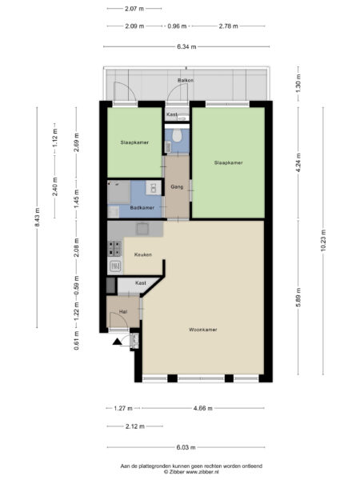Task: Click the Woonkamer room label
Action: (x=203, y=330)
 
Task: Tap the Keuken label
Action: (x=143, y=254)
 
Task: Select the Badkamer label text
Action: (x=142, y=207)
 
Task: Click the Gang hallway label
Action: (x=177, y=186)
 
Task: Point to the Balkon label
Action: (x=186, y=80)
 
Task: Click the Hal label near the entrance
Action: (x=123, y=312)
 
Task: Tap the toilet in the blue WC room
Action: (x=177, y=135)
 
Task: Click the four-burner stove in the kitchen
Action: (x=114, y=248)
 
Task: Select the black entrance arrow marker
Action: (x=118, y=342)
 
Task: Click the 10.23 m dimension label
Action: (x=323, y=240)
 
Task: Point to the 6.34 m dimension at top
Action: (x=186, y=47)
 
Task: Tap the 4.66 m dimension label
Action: (x=203, y=408)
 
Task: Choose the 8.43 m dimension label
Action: (x=38, y=218)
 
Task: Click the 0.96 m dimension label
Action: (x=177, y=26)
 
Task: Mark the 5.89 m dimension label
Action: (x=298, y=298)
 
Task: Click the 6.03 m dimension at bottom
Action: (x=186, y=447)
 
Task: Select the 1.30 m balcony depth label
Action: (x=298, y=83)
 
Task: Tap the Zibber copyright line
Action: (x=191, y=472)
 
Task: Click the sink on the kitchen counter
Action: (x=142, y=229)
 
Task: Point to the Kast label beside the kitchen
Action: (x=141, y=283)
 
